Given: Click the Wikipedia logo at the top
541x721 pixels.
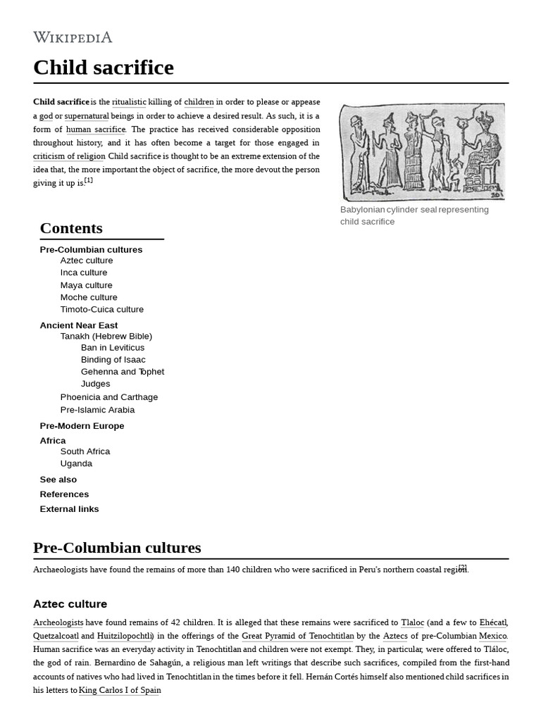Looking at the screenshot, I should [x=73, y=37].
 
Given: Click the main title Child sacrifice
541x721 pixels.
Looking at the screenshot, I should [x=103, y=68].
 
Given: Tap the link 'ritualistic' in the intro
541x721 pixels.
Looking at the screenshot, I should [x=129, y=102].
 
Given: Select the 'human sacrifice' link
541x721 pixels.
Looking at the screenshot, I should [x=96, y=130].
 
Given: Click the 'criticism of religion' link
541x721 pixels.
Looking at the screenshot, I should [x=69, y=156].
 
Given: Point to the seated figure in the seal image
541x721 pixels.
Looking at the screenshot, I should [x=483, y=151].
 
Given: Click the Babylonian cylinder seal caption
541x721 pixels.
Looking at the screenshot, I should [x=413, y=215].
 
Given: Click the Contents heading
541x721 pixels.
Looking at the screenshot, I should [x=71, y=228].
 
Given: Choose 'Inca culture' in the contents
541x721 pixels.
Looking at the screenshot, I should [x=84, y=272].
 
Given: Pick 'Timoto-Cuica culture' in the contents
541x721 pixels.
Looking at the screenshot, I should [x=101, y=309].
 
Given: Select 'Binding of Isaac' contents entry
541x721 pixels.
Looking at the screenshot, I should [x=113, y=360].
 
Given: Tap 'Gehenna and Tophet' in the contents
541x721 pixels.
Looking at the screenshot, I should [x=122, y=372].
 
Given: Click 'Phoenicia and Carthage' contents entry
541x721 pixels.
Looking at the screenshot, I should [x=108, y=397].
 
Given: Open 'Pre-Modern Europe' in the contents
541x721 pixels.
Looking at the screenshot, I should [x=82, y=426].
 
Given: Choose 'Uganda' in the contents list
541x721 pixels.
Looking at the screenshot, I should [x=76, y=463].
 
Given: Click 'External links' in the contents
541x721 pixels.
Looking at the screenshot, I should [x=69, y=509].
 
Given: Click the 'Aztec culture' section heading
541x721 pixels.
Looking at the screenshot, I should [x=70, y=604].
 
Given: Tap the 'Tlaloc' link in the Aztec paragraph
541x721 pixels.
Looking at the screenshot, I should [x=412, y=622].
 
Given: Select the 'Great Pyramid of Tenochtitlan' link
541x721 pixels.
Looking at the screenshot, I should [x=297, y=636].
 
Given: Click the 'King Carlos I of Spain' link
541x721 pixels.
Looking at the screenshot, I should [x=120, y=690].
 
